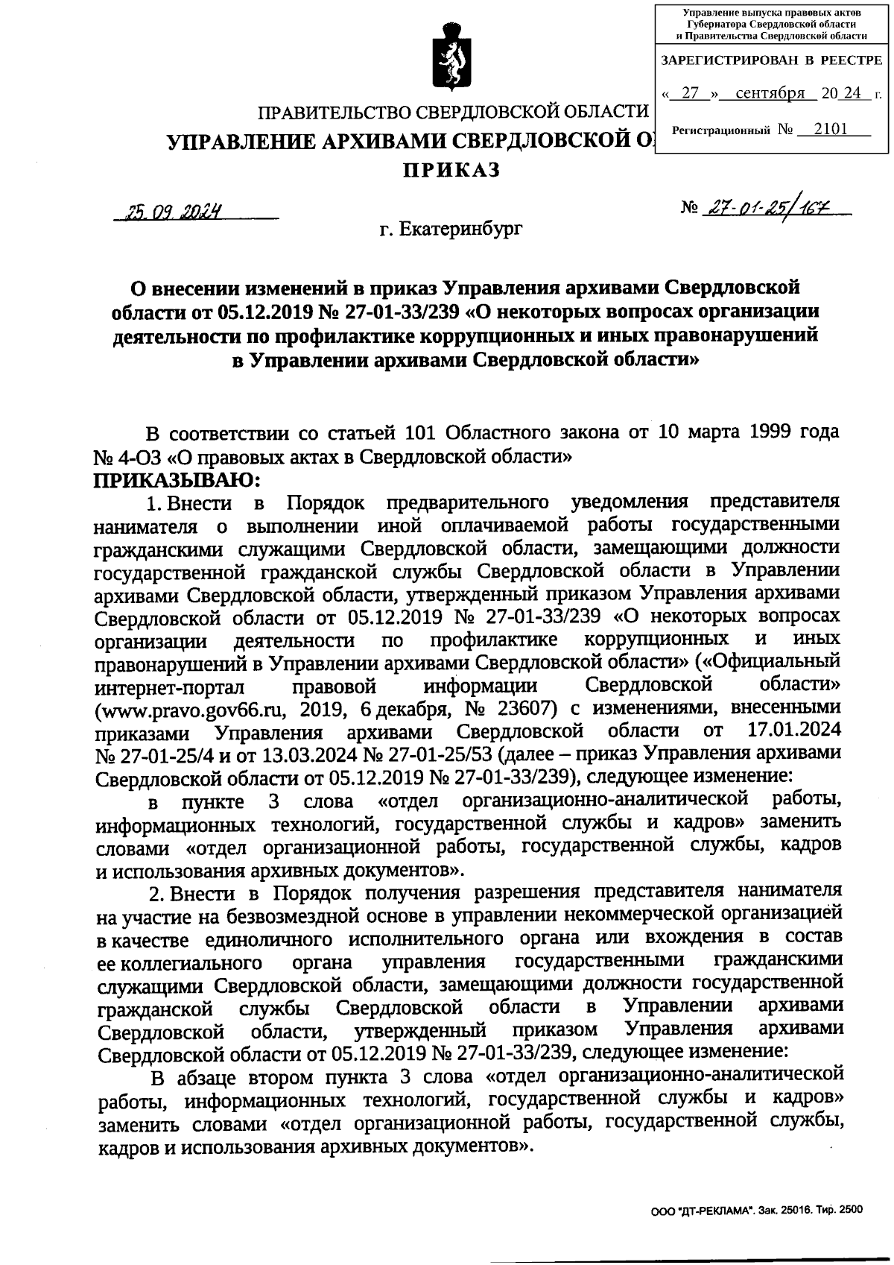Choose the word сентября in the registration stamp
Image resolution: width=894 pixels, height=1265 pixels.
click(x=770, y=94)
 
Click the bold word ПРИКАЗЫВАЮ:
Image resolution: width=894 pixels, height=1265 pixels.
click(x=177, y=479)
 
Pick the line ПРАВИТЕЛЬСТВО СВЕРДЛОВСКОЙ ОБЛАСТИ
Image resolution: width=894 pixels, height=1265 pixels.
click(x=453, y=113)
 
